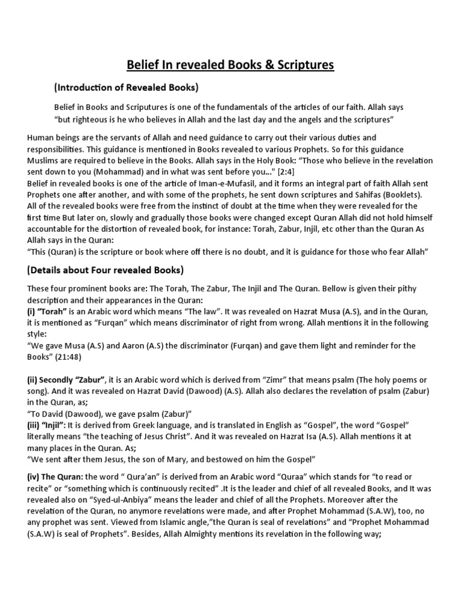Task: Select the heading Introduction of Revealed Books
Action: pos(126,88)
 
